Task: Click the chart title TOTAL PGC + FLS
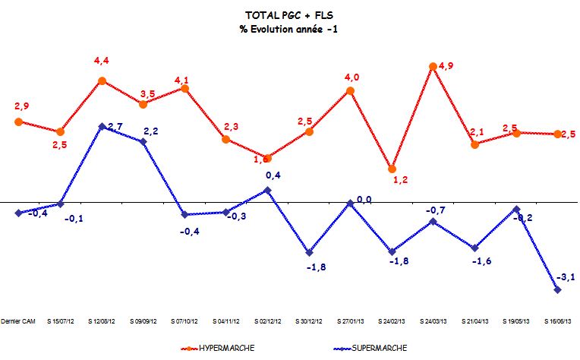click(289, 15)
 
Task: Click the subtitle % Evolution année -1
click(289, 29)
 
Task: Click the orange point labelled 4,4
click(102, 81)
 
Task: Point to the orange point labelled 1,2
click(392, 169)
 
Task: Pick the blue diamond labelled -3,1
click(558, 290)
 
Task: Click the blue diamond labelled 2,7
click(102, 127)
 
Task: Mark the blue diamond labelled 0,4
click(267, 189)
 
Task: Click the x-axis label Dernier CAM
click(19, 320)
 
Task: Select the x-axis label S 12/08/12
click(102, 320)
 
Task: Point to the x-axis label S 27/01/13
click(350, 320)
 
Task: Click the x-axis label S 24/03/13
click(433, 320)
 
